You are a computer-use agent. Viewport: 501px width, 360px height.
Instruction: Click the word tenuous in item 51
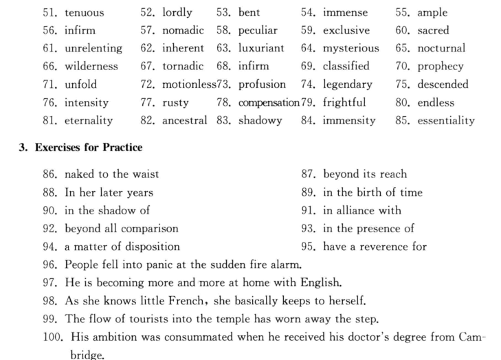pyautogui.click(x=85, y=13)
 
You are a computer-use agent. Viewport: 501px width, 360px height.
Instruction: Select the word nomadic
pyautogui.click(x=185, y=31)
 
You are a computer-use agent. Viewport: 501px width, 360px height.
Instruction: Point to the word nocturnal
pyautogui.click(x=441, y=49)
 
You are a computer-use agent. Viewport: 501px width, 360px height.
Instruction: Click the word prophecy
pyautogui.click(x=440, y=67)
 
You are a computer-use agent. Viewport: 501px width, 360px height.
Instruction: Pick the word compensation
pyautogui.click(x=269, y=103)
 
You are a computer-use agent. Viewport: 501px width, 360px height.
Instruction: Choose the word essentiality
pyautogui.click(x=445, y=121)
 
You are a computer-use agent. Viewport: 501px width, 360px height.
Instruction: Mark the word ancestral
pyautogui.click(x=185, y=121)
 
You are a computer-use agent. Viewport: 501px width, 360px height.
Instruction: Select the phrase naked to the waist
pyautogui.click(x=111, y=175)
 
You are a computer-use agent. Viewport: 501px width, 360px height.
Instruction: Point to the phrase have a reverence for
pyautogui.click(x=375, y=247)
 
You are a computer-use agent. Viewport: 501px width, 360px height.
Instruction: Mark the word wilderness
pyautogui.click(x=91, y=67)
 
